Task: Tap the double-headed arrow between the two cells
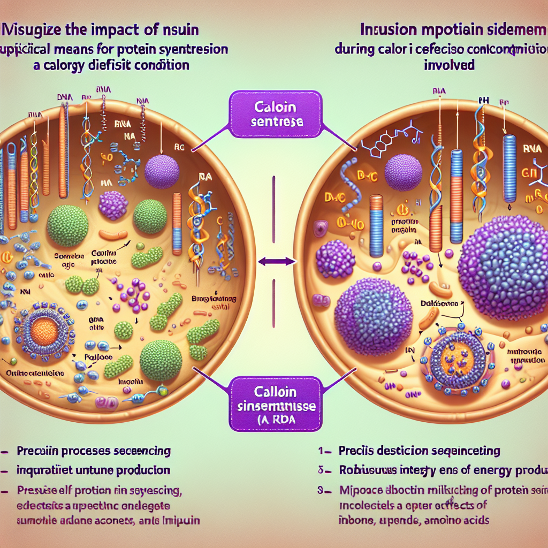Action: [276, 261]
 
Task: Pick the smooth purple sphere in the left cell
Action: [162, 172]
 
